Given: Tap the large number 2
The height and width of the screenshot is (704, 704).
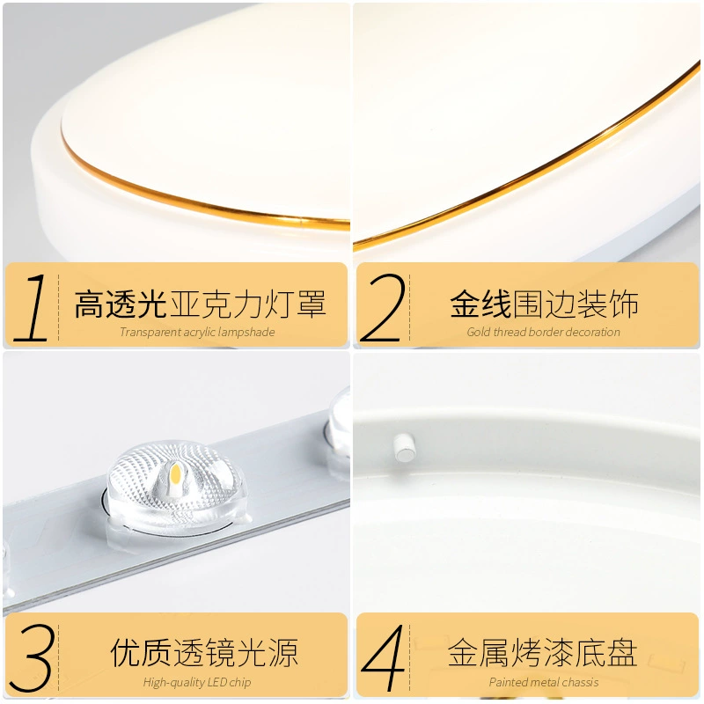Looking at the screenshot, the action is pyautogui.click(x=382, y=307).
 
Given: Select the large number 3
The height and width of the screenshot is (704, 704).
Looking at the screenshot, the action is pyautogui.click(x=33, y=657).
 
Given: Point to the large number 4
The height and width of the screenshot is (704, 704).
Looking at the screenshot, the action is pyautogui.click(x=383, y=657).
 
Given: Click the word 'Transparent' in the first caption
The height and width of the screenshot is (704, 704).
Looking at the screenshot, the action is pyautogui.click(x=144, y=333).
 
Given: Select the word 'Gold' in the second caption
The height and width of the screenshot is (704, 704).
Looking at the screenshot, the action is pyautogui.click(x=479, y=333).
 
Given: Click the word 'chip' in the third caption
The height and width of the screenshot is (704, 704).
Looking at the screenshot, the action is pyautogui.click(x=240, y=683).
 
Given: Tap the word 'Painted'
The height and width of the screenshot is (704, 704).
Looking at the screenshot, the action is pyautogui.click(x=504, y=683).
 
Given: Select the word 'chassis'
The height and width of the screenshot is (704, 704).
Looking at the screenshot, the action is pyautogui.click(x=581, y=683).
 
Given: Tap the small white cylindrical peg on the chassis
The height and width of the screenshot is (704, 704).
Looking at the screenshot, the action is pyautogui.click(x=404, y=447).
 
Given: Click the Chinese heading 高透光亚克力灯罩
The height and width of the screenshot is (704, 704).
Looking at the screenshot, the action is pyautogui.click(x=201, y=304).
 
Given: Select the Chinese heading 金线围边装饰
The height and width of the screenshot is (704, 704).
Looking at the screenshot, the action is pyautogui.click(x=544, y=304).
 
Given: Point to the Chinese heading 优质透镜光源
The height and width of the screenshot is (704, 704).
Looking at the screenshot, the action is pyautogui.click(x=204, y=653).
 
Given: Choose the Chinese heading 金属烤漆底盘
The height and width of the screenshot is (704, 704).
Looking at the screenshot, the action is pyautogui.click(x=543, y=653).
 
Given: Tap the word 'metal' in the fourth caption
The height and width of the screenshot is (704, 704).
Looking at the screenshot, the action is pyautogui.click(x=542, y=683).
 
